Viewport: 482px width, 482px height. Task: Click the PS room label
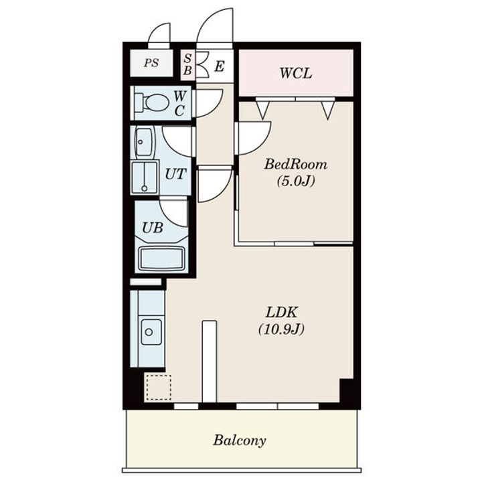[x=151, y=63]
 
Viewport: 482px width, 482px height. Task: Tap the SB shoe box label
[x=187, y=64]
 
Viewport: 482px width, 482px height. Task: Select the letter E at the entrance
[x=220, y=66]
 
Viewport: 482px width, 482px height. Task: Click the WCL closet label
[x=296, y=74]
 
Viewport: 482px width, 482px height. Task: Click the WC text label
[x=179, y=104]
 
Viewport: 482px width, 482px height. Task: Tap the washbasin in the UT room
[x=143, y=143]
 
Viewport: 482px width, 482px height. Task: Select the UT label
[x=175, y=174]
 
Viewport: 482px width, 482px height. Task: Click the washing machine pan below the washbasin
[x=145, y=177]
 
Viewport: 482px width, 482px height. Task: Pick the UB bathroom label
[x=153, y=228]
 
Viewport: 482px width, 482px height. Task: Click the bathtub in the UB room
[x=162, y=259]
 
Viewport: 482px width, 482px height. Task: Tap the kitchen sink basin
[x=151, y=332]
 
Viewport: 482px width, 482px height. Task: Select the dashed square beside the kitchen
[x=158, y=388]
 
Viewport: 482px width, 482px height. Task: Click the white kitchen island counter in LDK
[x=210, y=361]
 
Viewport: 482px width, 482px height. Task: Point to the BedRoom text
[x=296, y=165]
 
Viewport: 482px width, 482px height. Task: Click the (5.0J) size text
[x=296, y=181]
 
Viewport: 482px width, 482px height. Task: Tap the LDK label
[x=282, y=313]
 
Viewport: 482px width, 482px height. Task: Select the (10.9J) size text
[x=282, y=329]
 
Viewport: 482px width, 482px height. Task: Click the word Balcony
[x=240, y=440]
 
